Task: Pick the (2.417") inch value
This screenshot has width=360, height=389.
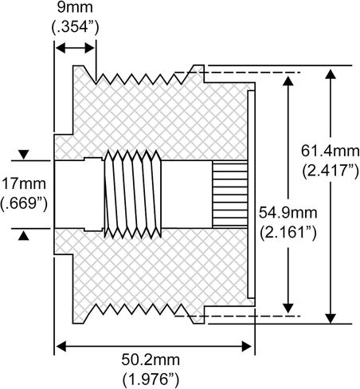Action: [x=327, y=170]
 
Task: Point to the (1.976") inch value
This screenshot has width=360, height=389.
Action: [x=153, y=378]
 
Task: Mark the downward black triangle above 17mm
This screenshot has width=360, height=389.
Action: [x=23, y=154]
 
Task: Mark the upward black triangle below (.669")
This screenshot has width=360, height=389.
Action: [x=23, y=234]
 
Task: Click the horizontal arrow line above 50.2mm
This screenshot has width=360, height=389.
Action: [x=153, y=345]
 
